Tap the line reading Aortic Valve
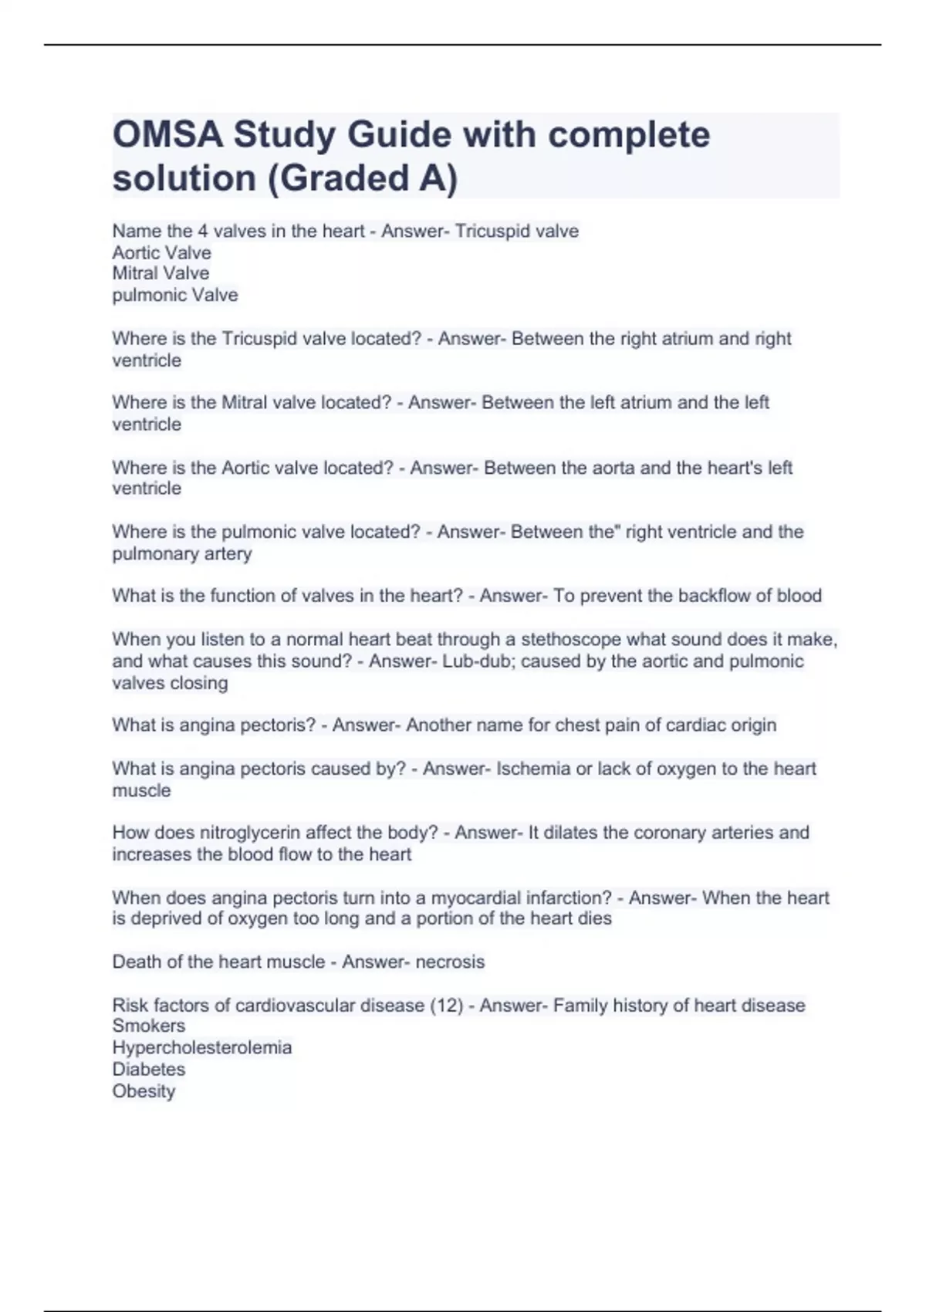tap(161, 252)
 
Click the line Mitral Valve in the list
tap(161, 273)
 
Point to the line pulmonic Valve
tap(175, 295)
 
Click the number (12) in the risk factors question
tap(446, 1006)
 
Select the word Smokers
tap(149, 1026)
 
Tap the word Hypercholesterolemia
tap(202, 1047)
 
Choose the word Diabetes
tap(149, 1069)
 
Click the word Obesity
tap(144, 1091)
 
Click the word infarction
tap(568, 898)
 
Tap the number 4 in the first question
tap(203, 231)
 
